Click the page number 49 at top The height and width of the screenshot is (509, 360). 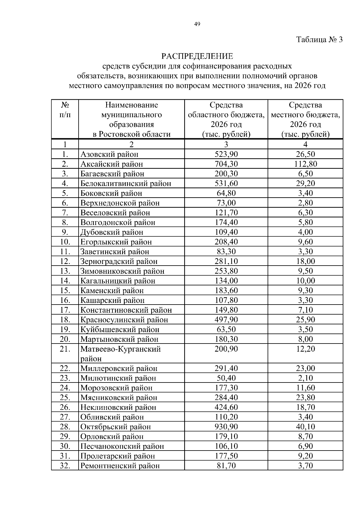click(x=197, y=24)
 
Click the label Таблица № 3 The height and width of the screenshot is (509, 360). click(x=319, y=40)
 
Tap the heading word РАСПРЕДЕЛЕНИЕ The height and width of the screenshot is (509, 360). click(x=197, y=56)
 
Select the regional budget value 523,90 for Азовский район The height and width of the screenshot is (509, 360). click(x=226, y=154)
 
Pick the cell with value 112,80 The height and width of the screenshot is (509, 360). click(x=305, y=164)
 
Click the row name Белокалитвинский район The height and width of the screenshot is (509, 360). click(x=125, y=183)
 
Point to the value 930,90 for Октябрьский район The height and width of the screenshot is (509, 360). click(x=226, y=427)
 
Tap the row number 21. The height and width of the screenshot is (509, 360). click(x=65, y=349)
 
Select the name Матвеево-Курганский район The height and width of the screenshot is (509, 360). click(x=120, y=353)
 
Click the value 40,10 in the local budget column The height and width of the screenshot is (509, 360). click(x=305, y=427)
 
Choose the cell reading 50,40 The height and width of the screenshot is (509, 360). click(x=226, y=378)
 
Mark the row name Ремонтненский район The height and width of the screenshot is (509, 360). click(x=120, y=466)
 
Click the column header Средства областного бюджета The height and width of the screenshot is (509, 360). click(x=226, y=119)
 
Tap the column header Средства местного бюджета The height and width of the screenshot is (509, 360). click(x=305, y=119)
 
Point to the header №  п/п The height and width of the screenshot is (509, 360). click(x=65, y=110)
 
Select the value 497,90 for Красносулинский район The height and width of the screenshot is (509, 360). click(x=226, y=320)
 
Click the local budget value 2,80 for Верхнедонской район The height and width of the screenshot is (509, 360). click(x=305, y=203)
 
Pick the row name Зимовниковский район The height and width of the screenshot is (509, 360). click(x=122, y=271)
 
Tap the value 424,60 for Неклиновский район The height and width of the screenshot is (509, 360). click(x=226, y=407)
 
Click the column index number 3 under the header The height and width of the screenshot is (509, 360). click(x=226, y=144)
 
